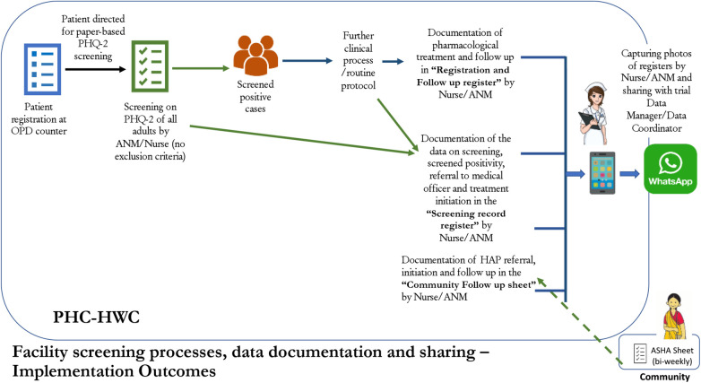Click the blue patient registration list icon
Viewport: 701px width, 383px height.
(42, 69)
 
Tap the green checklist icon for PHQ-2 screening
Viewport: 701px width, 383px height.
(150, 66)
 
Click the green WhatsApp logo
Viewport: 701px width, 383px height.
(671, 169)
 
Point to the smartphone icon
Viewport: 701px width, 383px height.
(602, 173)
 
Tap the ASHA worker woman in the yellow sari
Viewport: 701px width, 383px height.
(674, 317)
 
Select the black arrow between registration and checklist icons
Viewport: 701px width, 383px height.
(95, 69)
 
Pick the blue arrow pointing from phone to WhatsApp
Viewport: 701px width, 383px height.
(629, 173)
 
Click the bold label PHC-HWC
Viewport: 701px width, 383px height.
(96, 318)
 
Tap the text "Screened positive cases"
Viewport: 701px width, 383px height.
(255, 96)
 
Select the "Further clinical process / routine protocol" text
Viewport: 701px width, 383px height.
(358, 60)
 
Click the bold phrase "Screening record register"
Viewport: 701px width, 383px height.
(466, 219)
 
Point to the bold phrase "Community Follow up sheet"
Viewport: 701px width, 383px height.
(469, 284)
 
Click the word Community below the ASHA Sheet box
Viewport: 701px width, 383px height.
(665, 377)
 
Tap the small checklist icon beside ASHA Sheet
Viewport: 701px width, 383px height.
(640, 353)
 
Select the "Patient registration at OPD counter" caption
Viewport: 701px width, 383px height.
(39, 119)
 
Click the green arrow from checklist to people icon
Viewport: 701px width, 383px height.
(201, 68)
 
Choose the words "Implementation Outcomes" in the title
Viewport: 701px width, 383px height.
(114, 371)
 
